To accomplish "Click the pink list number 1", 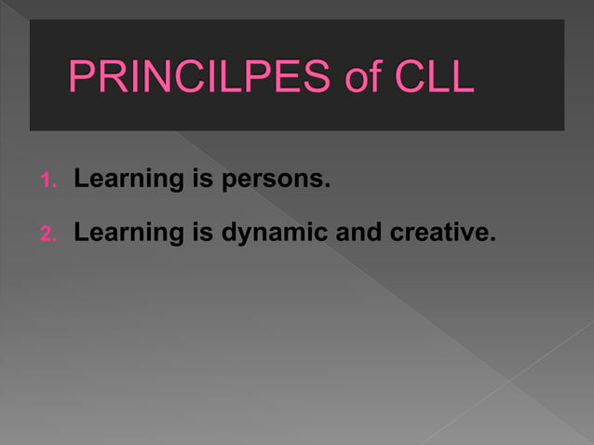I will [x=49, y=180].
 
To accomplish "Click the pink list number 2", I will [x=49, y=234].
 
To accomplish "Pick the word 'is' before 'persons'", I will [x=203, y=179].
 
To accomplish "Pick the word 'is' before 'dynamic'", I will [x=203, y=233].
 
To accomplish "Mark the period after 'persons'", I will [x=328, y=184].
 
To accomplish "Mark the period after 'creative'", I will [x=488, y=238].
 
